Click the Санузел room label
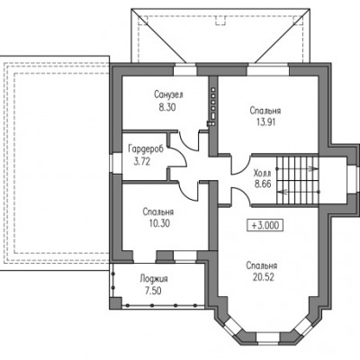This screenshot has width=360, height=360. point(168,94)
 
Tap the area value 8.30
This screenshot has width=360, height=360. point(167,107)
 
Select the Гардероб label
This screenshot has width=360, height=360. point(146,148)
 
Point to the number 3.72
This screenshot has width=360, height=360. point(141,162)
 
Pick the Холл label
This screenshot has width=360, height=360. point(262,173)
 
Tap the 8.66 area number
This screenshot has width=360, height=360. point(263,184)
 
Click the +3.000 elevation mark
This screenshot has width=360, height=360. point(265,225)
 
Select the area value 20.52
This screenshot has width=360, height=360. point(264,277)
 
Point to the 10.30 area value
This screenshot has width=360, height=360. point(159,223)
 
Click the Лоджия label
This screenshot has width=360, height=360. point(154,279)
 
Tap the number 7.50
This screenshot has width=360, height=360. point(153,291)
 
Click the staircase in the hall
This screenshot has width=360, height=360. point(297,180)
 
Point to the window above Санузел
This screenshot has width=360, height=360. point(185,70)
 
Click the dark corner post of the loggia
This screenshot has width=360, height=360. point(116,303)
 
